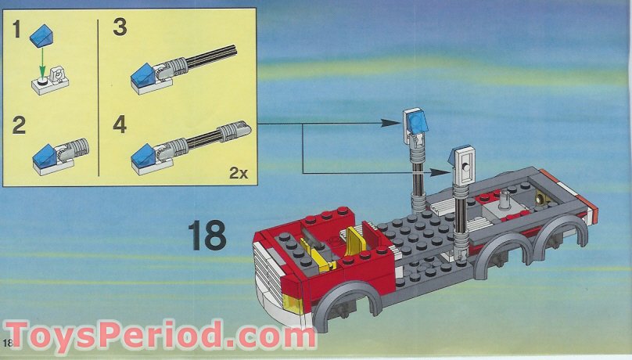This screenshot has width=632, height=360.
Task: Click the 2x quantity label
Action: point(238,173)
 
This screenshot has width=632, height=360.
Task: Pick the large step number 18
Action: point(206,236)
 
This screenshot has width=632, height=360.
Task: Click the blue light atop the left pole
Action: point(416,120)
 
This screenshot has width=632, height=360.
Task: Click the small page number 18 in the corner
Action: point(8,343)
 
